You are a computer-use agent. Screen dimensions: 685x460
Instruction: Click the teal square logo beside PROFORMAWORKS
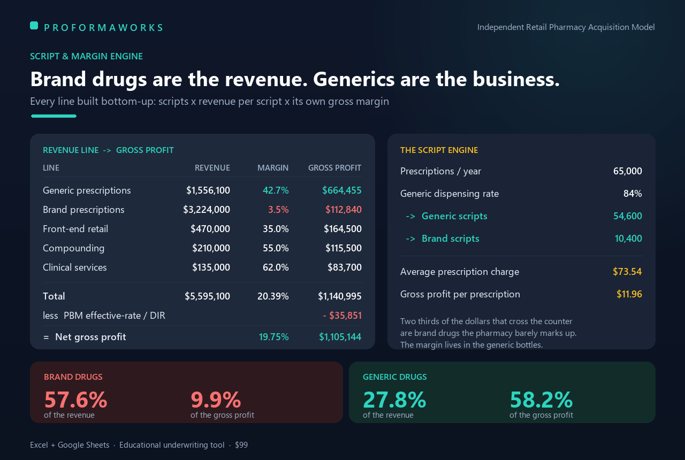pos(34,26)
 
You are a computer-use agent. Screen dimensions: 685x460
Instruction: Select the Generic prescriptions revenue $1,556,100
pos(208,190)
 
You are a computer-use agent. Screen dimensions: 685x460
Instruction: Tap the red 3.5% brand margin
pos(278,210)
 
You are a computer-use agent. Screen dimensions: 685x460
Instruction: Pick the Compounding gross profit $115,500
pos(344,248)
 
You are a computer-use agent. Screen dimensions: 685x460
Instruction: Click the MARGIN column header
pos(273,168)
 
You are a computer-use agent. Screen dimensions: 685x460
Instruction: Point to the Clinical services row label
pos(74,267)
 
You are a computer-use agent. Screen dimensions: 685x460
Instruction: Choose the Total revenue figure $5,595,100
pos(207,296)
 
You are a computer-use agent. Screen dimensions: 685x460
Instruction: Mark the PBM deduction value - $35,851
pos(342,316)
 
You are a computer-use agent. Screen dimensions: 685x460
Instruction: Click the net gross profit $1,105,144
pos(340,337)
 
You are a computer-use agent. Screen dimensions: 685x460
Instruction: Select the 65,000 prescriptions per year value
pos(628,171)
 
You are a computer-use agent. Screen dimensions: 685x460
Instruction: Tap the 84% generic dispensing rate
pos(633,194)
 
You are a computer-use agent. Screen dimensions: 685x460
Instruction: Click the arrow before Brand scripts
pos(410,239)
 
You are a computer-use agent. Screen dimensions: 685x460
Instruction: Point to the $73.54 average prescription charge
pos(627,272)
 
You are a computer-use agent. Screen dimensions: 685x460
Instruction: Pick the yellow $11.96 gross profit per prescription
pos(629,294)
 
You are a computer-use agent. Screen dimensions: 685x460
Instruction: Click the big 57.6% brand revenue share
pos(76,400)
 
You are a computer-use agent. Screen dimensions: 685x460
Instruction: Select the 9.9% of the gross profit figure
pos(216,400)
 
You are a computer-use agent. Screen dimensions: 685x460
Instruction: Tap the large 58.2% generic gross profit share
pos(541,400)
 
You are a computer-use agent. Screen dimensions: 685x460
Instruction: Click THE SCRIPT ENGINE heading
pos(439,150)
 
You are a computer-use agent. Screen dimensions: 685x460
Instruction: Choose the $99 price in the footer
pos(241,445)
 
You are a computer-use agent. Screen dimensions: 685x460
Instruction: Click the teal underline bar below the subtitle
pos(54,116)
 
